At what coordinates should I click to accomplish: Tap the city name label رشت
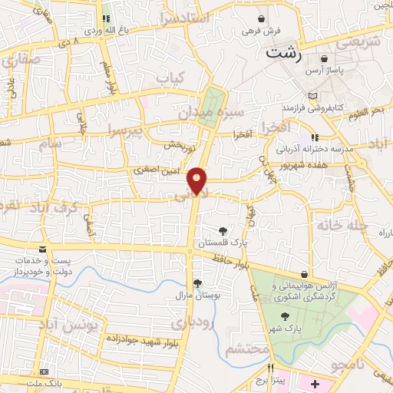pyautogui.click(x=282, y=54)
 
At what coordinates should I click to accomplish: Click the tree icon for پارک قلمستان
pyautogui.click(x=223, y=230)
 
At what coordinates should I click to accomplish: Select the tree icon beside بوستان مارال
pyautogui.click(x=197, y=282)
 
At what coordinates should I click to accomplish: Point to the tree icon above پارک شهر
pyautogui.click(x=285, y=315)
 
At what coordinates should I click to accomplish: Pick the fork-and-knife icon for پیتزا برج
pyautogui.click(x=270, y=368)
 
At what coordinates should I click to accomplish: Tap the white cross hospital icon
pyautogui.click(x=315, y=381)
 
